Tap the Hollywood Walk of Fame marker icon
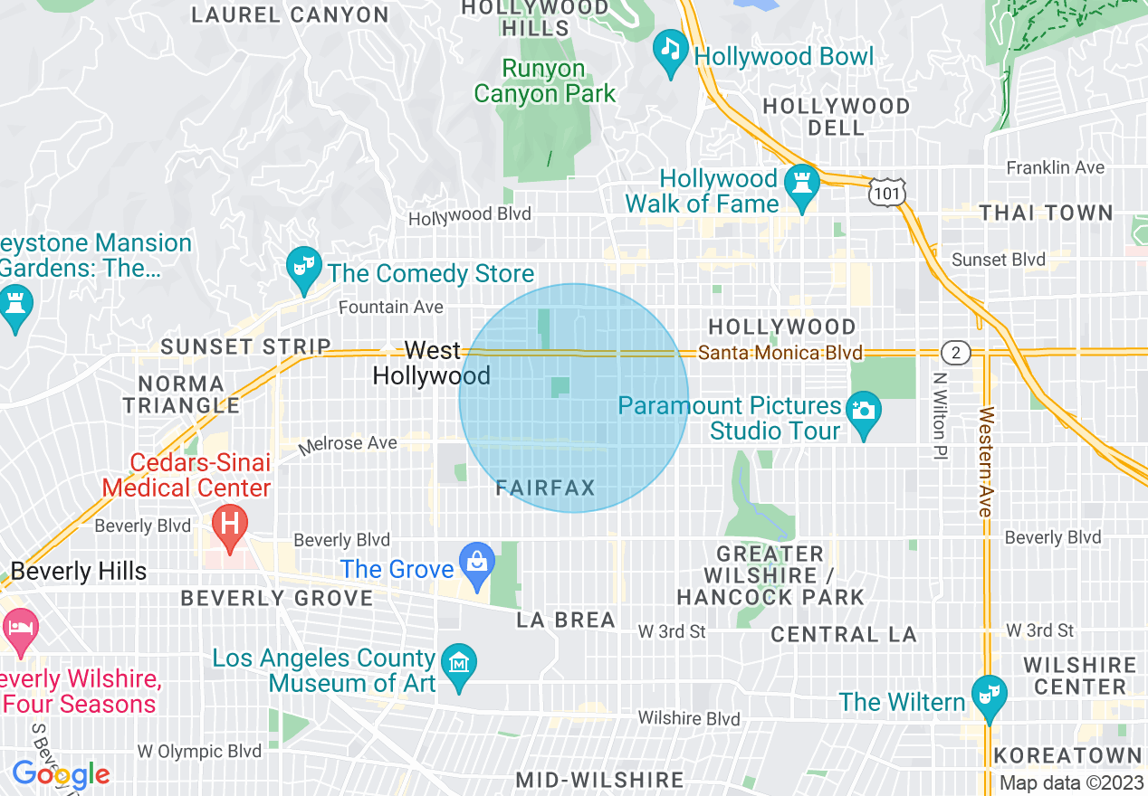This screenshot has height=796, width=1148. click(x=801, y=184)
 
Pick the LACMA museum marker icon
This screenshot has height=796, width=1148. click(x=459, y=666)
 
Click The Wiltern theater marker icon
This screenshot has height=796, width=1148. click(x=988, y=696)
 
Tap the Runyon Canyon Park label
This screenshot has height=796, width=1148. click(x=544, y=81)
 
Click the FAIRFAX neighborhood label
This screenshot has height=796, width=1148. click(x=545, y=488)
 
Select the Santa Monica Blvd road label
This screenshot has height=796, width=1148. click(x=780, y=353)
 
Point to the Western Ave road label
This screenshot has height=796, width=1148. click(x=985, y=461)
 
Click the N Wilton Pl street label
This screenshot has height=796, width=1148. click(x=940, y=417)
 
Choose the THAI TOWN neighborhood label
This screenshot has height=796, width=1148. click(x=1046, y=213)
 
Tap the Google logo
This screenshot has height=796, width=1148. click(x=61, y=774)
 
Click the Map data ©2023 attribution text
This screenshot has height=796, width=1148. click(x=1071, y=783)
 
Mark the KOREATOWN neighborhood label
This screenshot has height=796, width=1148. click(x=1067, y=755)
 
